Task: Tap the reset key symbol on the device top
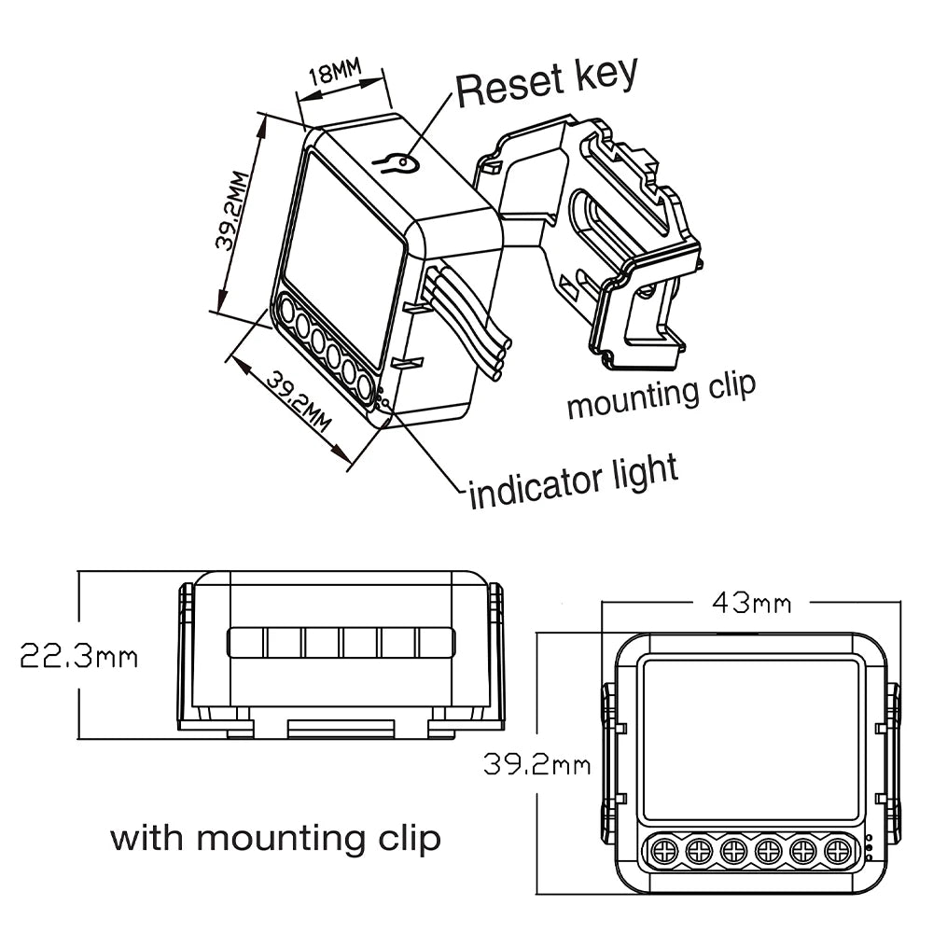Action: click(396, 165)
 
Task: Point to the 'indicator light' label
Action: click(573, 480)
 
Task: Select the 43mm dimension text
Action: click(751, 604)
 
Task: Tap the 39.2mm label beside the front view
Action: click(536, 766)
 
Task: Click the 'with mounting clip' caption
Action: click(275, 837)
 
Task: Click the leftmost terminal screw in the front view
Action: click(663, 850)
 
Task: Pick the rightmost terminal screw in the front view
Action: click(836, 850)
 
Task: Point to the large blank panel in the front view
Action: click(750, 738)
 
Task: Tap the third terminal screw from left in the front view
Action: click(732, 850)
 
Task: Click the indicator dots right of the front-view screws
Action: click(869, 847)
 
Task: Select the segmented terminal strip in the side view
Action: click(341, 643)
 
